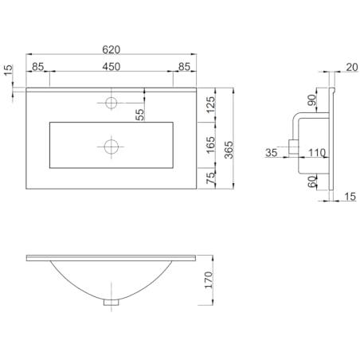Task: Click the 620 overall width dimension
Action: click(x=112, y=49)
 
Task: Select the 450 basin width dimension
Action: click(x=112, y=66)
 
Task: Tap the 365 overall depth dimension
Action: click(x=229, y=150)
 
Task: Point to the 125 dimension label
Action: click(x=210, y=104)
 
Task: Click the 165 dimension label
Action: click(x=210, y=145)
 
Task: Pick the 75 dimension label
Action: click(x=210, y=178)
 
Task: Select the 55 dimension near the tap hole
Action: click(x=139, y=115)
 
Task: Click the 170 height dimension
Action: click(x=209, y=280)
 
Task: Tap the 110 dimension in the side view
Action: click(x=317, y=153)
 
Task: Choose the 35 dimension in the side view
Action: click(x=272, y=153)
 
